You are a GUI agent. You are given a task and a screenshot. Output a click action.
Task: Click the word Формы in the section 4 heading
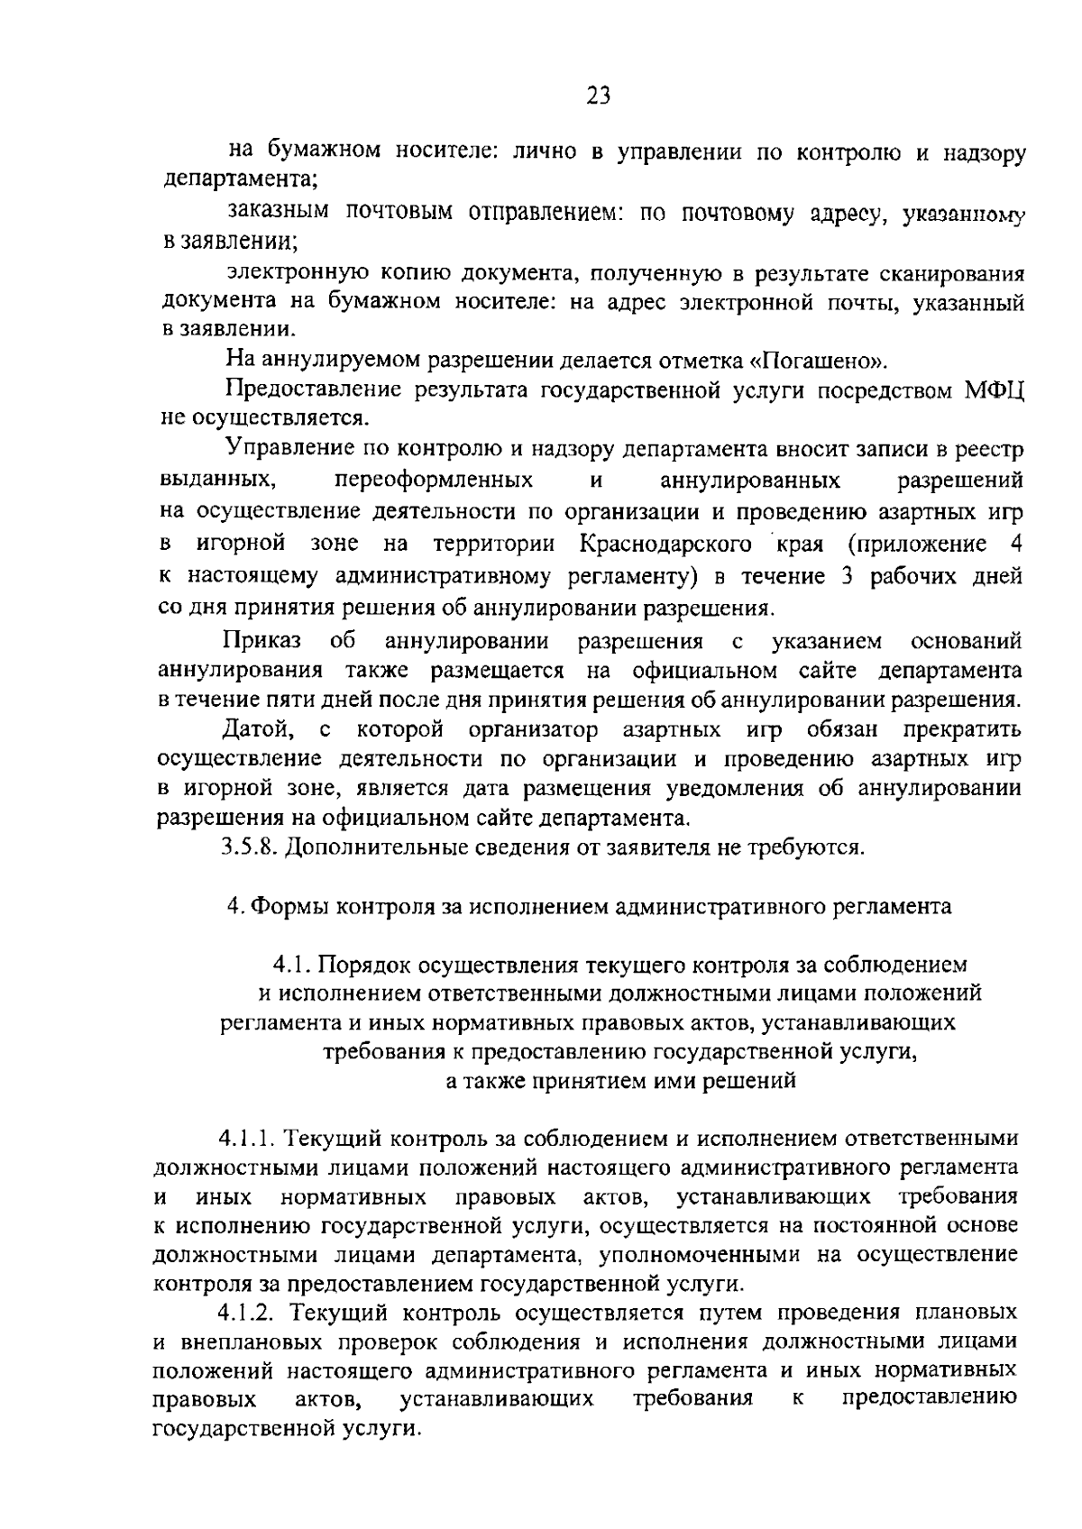(x=288, y=906)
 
